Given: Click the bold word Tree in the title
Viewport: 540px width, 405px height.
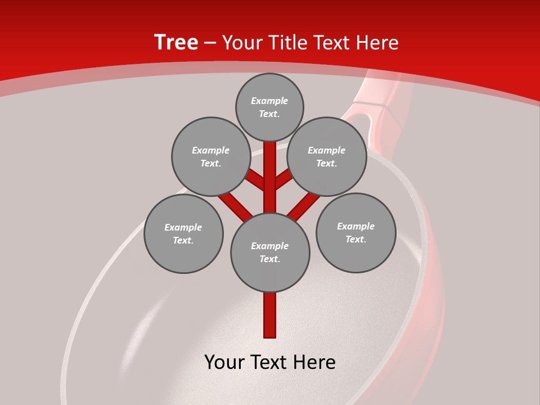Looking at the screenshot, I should pyautogui.click(x=176, y=42).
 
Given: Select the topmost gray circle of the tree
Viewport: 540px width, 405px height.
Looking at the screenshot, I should pyautogui.click(x=269, y=107).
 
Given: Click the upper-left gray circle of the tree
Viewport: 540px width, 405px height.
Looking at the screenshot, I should pyautogui.click(x=210, y=156).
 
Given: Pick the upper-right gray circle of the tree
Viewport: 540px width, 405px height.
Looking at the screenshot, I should pyautogui.click(x=327, y=156).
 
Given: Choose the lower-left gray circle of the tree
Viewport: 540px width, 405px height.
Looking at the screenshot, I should pyautogui.click(x=183, y=233).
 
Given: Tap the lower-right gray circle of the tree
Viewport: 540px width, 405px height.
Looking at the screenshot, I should pyautogui.click(x=355, y=232).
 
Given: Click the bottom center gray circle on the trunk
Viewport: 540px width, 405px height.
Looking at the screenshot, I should pyautogui.click(x=270, y=252).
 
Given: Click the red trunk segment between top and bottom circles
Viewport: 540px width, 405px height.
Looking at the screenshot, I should pyautogui.click(x=270, y=177).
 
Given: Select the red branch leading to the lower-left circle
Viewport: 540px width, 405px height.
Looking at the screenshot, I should pyautogui.click(x=235, y=205).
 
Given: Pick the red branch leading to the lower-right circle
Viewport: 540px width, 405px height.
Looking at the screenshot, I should pyautogui.click(x=304, y=205).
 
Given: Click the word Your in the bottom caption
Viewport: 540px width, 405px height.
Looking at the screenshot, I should pyautogui.click(x=224, y=363).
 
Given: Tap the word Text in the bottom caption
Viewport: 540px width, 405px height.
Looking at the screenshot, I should pyautogui.click(x=271, y=363).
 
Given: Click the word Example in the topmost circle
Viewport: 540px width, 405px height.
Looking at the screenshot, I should pyautogui.click(x=269, y=101).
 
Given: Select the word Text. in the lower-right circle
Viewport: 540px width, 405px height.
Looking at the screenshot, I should pyautogui.click(x=355, y=239).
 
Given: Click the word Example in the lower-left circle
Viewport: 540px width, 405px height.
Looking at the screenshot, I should pyautogui.click(x=183, y=227).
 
